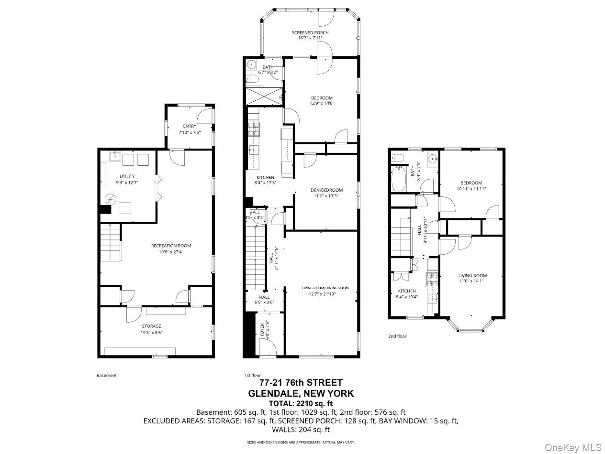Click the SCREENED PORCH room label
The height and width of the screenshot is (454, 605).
click(x=310, y=32)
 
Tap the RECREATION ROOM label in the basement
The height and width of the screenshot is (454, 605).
click(x=171, y=246)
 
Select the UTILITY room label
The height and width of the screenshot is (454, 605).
click(x=127, y=176)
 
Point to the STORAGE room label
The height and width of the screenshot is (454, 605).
click(x=151, y=326)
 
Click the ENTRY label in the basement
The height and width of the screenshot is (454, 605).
click(x=190, y=126)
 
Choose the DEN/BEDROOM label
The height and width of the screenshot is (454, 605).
click(x=326, y=190)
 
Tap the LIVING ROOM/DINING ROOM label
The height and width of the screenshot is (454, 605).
click(x=325, y=288)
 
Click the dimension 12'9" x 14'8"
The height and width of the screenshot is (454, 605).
click(x=322, y=103)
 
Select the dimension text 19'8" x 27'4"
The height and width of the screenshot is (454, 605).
click(x=171, y=252)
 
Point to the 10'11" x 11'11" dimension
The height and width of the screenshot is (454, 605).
click(x=471, y=189)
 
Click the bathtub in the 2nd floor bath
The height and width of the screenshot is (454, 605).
click(x=399, y=178)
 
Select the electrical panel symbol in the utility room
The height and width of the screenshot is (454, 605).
click(x=111, y=199)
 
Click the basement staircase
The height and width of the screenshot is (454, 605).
click(x=110, y=242)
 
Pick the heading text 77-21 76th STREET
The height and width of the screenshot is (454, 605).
click(x=301, y=382)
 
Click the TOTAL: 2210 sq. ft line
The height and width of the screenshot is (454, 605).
click(x=301, y=403)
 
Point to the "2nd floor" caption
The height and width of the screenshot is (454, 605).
click(x=397, y=336)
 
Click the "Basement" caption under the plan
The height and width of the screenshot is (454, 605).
click(x=107, y=375)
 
